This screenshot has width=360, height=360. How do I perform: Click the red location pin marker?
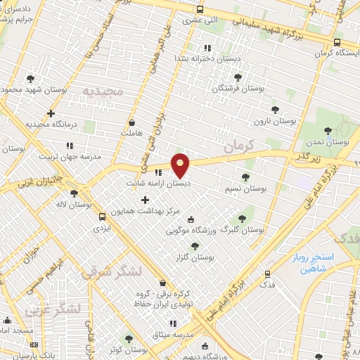pos(181,165)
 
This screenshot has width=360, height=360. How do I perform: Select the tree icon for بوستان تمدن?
pos(328,129)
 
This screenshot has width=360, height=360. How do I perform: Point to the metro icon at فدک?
pos(267,274)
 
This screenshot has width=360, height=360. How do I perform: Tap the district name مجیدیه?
pos(103,92)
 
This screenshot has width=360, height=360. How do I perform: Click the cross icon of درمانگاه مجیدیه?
pos(51,113)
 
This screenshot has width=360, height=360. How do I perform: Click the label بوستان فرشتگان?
pos(238,89)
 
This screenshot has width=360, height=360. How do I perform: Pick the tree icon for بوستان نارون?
pos(275,110)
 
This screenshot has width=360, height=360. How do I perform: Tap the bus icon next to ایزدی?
pos(103,217)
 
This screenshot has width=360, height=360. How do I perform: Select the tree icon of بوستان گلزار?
pos(195,245)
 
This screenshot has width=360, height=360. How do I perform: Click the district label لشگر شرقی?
pos(111,272)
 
